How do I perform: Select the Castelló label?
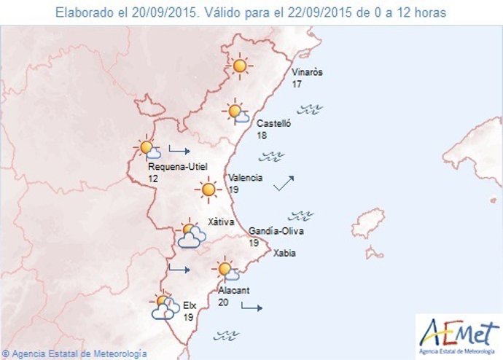(x=273, y=124)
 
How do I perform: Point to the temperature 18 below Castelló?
(x=262, y=136)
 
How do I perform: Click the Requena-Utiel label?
(x=177, y=167)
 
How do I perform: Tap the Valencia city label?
(x=246, y=178)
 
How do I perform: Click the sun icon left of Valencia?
(x=208, y=190)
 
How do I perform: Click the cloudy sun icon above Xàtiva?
(x=190, y=234)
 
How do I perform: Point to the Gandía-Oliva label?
(x=276, y=232)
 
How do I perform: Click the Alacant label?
(x=234, y=290)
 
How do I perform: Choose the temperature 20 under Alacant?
(x=224, y=302)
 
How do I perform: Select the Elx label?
(x=191, y=306)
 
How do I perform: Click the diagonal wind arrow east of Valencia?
(x=284, y=183)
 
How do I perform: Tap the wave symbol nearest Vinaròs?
(x=313, y=110)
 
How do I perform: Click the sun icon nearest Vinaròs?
(x=239, y=66)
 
